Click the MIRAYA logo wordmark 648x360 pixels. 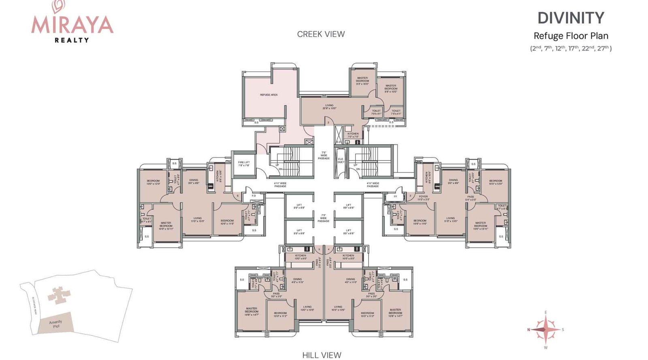[72, 25]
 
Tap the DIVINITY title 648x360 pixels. [571, 18]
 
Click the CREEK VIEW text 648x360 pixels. [321, 34]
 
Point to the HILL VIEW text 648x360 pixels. [322, 355]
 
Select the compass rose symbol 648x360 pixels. [546, 330]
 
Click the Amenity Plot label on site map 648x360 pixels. [56, 324]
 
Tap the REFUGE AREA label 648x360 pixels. [269, 95]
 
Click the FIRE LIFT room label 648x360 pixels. [244, 164]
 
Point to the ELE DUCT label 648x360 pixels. [341, 160]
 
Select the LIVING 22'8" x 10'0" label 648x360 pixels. [329, 107]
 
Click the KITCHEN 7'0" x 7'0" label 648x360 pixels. [353, 135]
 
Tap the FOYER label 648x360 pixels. [423, 198]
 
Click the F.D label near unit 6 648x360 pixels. [254, 196]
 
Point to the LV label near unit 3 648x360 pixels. [395, 196]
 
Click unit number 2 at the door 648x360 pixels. [328, 122]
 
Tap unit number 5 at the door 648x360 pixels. [319, 249]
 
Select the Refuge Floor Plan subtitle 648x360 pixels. [571, 36]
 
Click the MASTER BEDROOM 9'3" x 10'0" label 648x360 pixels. [362, 81]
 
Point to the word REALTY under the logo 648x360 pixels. [72, 40]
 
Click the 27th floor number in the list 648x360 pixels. [603, 48]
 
